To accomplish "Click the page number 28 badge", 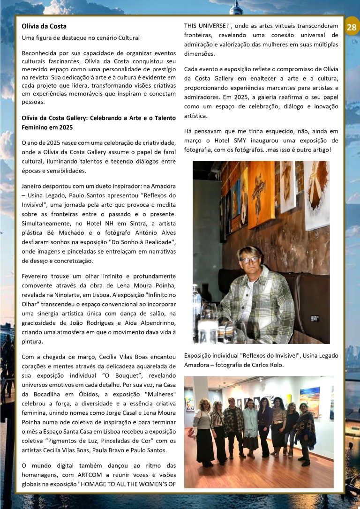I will pos(352,27).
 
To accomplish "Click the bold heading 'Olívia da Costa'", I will pos(44,26).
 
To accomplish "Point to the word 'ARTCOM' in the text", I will pos(95,474).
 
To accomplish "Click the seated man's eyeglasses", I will pos(249,260).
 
